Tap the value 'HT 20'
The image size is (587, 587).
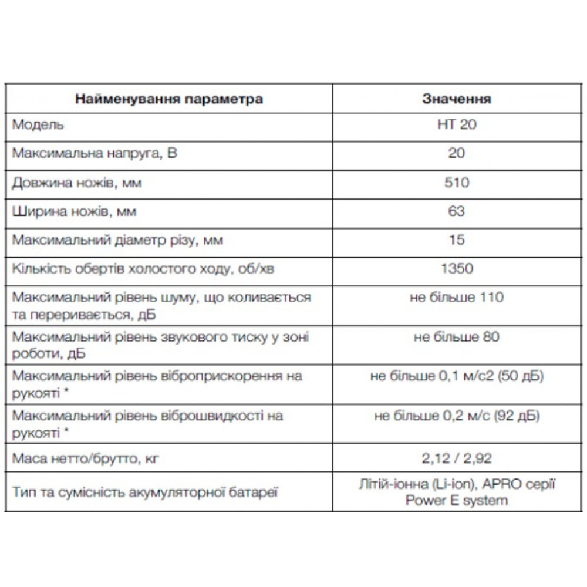pyautogui.click(x=457, y=126)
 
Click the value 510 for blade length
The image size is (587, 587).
pyautogui.click(x=457, y=183)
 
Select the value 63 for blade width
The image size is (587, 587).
pyautogui.click(x=457, y=211)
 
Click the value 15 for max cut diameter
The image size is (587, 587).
pyautogui.click(x=457, y=239)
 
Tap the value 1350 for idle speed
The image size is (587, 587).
pyautogui.click(x=457, y=268)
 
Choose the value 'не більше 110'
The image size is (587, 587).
pyautogui.click(x=457, y=297)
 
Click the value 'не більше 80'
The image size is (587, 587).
pyautogui.click(x=457, y=337)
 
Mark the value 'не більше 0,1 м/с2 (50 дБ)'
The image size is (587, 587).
pyautogui.click(x=457, y=376)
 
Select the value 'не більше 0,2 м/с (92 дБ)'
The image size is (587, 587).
pyautogui.click(x=457, y=416)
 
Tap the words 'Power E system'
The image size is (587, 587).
pyautogui.click(x=457, y=501)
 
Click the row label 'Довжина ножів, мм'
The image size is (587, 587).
pyautogui.click(x=77, y=183)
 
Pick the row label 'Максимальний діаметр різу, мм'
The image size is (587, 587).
pyautogui.click(x=117, y=239)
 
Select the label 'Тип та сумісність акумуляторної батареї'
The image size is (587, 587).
pyautogui.click(x=144, y=491)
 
